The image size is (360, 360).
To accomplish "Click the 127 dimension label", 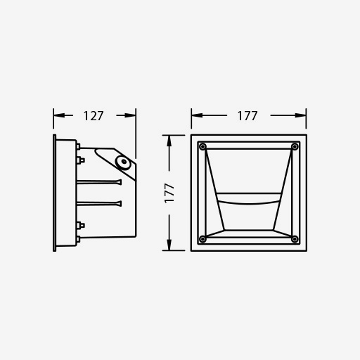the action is coord(94,116).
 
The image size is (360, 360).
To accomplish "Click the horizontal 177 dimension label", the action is coord(247,116).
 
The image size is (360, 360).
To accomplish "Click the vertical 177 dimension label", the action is coord(169,193).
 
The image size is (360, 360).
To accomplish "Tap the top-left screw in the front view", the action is coord(202,147).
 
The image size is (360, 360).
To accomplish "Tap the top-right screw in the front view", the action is coord(295,147).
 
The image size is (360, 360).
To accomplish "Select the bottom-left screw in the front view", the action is coord(202,239).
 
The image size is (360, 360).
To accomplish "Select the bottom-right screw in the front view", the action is coord(295,239).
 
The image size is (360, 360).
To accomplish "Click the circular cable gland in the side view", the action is coord(123,162).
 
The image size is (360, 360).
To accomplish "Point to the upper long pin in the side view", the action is coord(99,182).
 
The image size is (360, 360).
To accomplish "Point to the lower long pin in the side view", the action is coord(99,204).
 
